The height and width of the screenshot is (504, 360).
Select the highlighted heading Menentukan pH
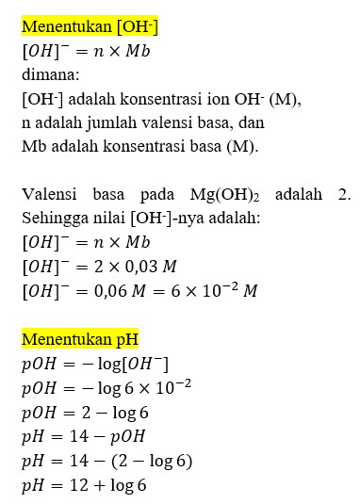[80, 338]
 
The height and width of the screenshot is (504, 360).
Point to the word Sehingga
[54, 219]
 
